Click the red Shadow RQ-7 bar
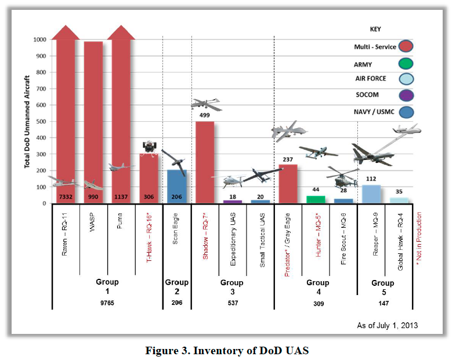[x=205, y=162]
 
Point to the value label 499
[x=205, y=115]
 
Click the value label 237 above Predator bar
[x=288, y=160]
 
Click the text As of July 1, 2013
[x=388, y=325]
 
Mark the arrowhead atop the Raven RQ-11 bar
[x=66, y=33]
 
